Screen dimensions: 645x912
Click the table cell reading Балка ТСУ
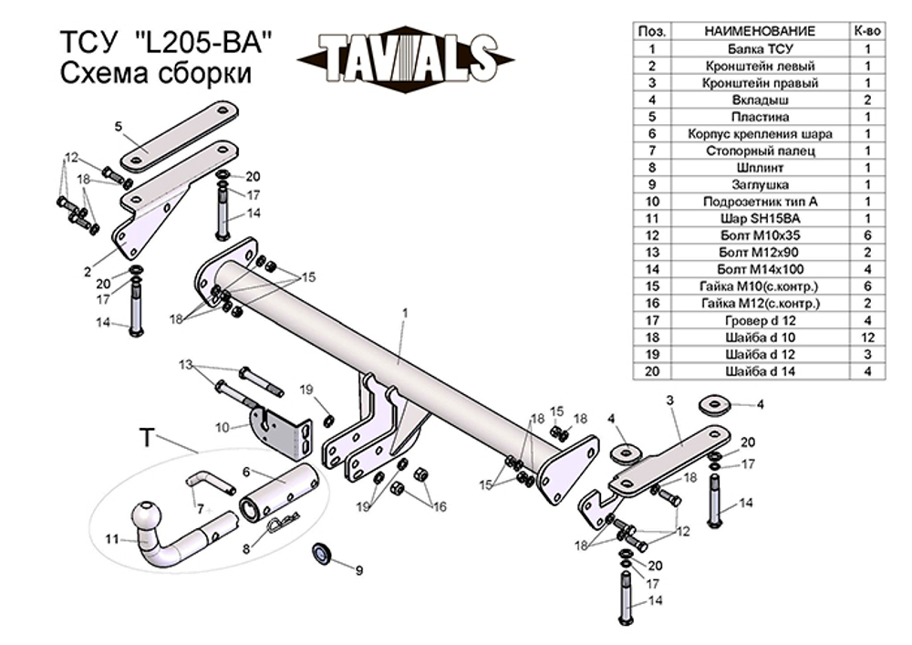(x=761, y=48)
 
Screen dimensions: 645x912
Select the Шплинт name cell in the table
(x=761, y=167)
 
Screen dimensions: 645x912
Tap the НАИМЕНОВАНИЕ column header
(x=761, y=31)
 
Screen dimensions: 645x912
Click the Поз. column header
(x=652, y=31)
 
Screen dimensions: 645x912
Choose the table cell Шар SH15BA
(x=761, y=218)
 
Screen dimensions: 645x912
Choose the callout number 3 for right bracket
(x=669, y=401)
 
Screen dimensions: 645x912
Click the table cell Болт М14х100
(x=761, y=269)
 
